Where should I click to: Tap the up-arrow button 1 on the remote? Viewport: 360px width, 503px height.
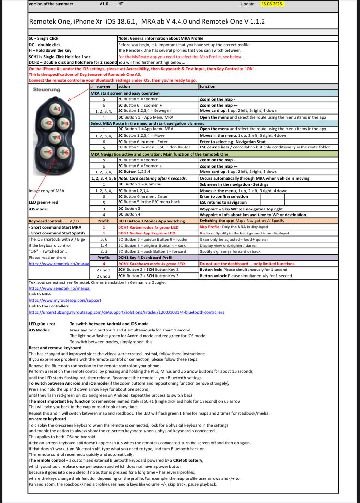point(56,110)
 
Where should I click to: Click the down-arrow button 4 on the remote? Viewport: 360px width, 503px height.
point(56,138)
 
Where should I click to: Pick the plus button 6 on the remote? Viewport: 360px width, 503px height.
point(65,153)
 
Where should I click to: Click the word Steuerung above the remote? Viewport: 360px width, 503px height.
point(47,90)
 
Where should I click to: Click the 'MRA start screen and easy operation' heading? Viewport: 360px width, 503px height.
point(125,93)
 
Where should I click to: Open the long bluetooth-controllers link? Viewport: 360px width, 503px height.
point(126,312)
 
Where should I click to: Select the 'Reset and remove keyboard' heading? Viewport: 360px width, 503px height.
point(55,347)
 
